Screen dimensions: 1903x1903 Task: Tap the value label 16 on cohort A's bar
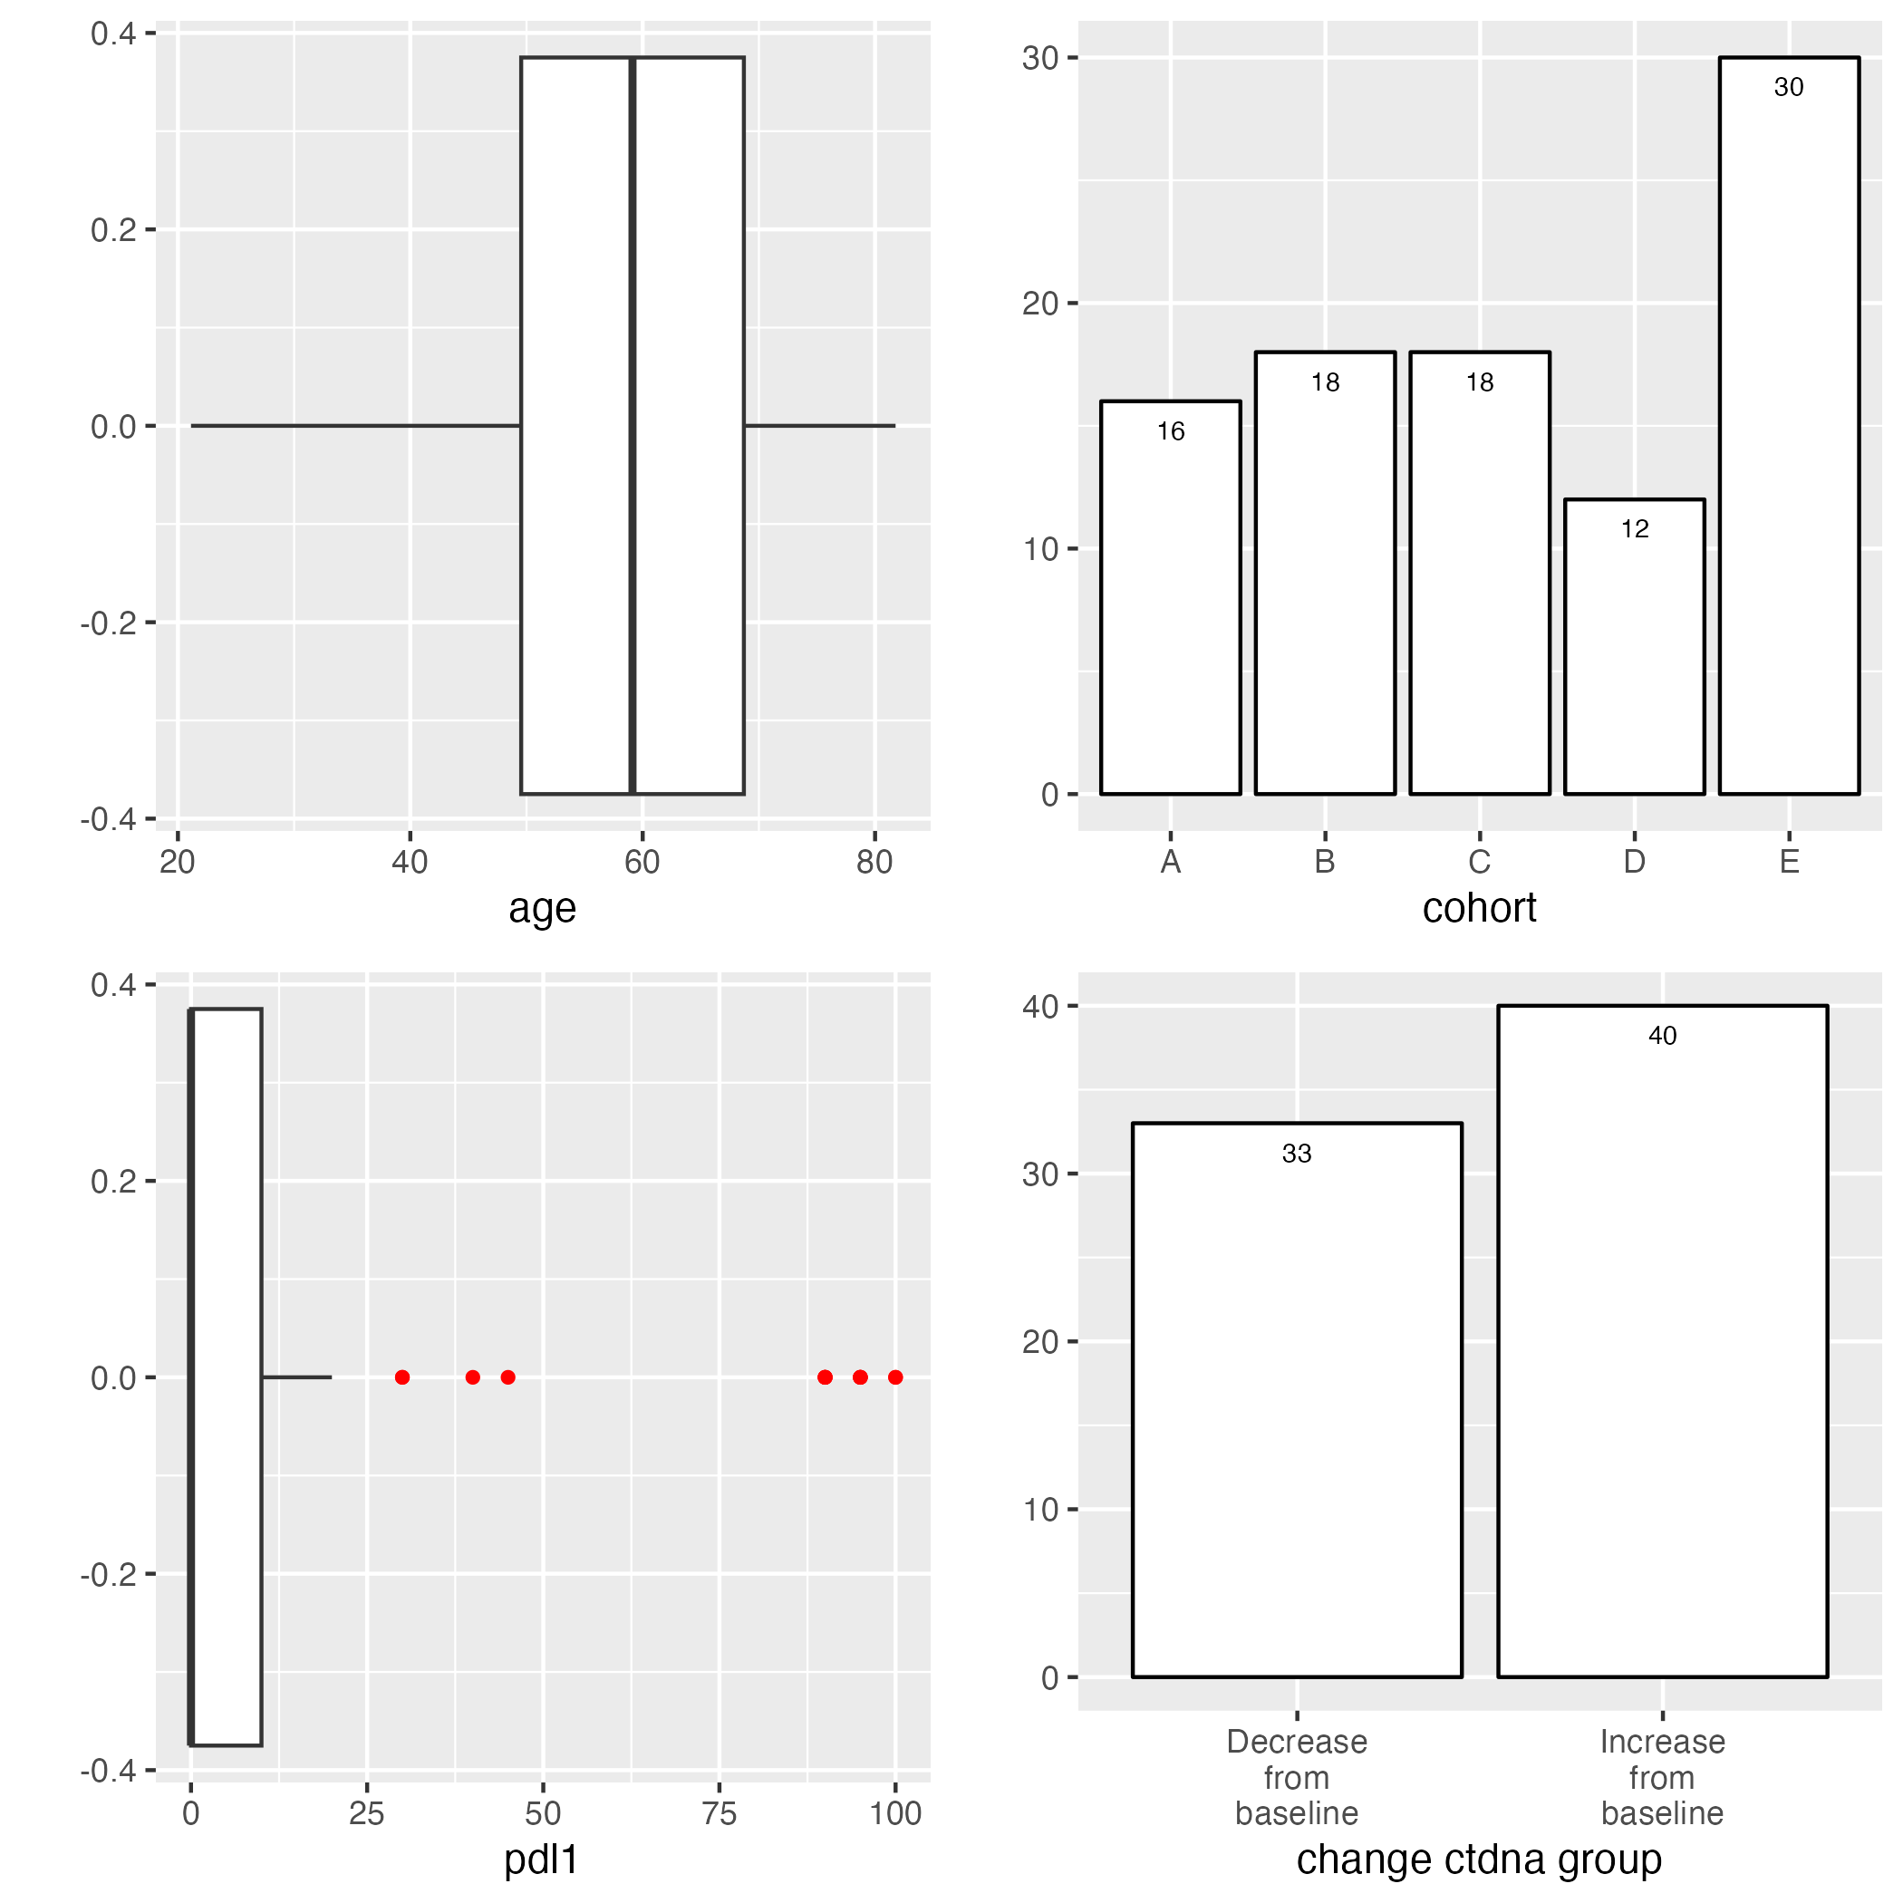[x=1170, y=431]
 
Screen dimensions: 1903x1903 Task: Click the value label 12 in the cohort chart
[x=1634, y=529]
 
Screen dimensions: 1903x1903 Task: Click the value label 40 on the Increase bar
[x=1662, y=1035]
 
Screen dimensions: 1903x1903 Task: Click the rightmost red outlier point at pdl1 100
[x=894, y=1377]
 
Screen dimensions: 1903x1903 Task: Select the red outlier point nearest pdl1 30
[x=401, y=1377]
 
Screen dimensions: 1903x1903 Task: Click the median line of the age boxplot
[x=633, y=426]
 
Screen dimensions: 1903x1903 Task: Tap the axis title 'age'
[x=542, y=907]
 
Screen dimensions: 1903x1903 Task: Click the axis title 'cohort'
[x=1479, y=907]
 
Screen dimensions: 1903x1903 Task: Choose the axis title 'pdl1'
[x=541, y=1860]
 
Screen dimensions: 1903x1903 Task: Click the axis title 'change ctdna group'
[x=1479, y=1860]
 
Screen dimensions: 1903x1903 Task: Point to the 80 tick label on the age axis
[x=874, y=862]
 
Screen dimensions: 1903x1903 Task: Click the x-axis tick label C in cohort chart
[x=1479, y=862]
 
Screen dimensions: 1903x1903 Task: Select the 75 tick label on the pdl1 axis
[x=719, y=1813]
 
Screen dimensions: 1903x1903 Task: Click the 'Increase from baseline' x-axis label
[x=1662, y=1778]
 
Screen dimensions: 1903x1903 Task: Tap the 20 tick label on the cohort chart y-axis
[x=1039, y=304]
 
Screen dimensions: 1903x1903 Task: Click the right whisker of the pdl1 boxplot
[x=296, y=1377]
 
